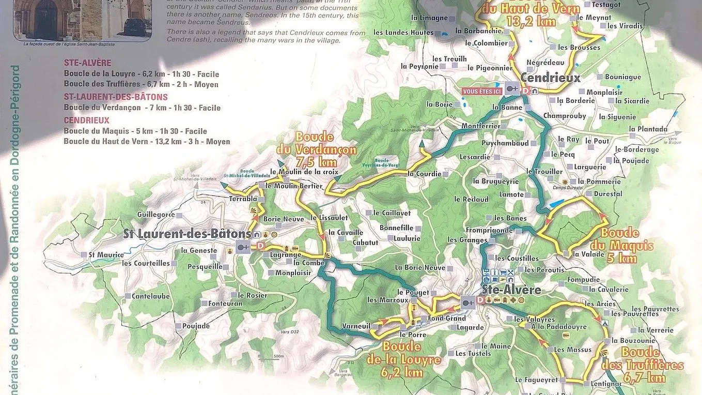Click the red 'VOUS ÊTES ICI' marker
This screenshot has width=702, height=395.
click(482, 91)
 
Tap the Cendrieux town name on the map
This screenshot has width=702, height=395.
click(551, 78)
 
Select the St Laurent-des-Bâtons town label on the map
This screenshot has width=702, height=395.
click(187, 234)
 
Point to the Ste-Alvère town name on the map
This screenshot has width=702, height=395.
click(511, 289)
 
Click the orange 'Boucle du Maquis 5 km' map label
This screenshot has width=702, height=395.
click(627, 246)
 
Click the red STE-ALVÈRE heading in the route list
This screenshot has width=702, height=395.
click(87, 63)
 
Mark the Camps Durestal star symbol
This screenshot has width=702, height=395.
click(565, 183)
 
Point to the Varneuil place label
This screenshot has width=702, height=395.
click(356, 326)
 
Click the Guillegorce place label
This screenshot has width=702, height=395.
click(156, 215)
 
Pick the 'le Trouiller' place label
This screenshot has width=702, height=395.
click(544, 171)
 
